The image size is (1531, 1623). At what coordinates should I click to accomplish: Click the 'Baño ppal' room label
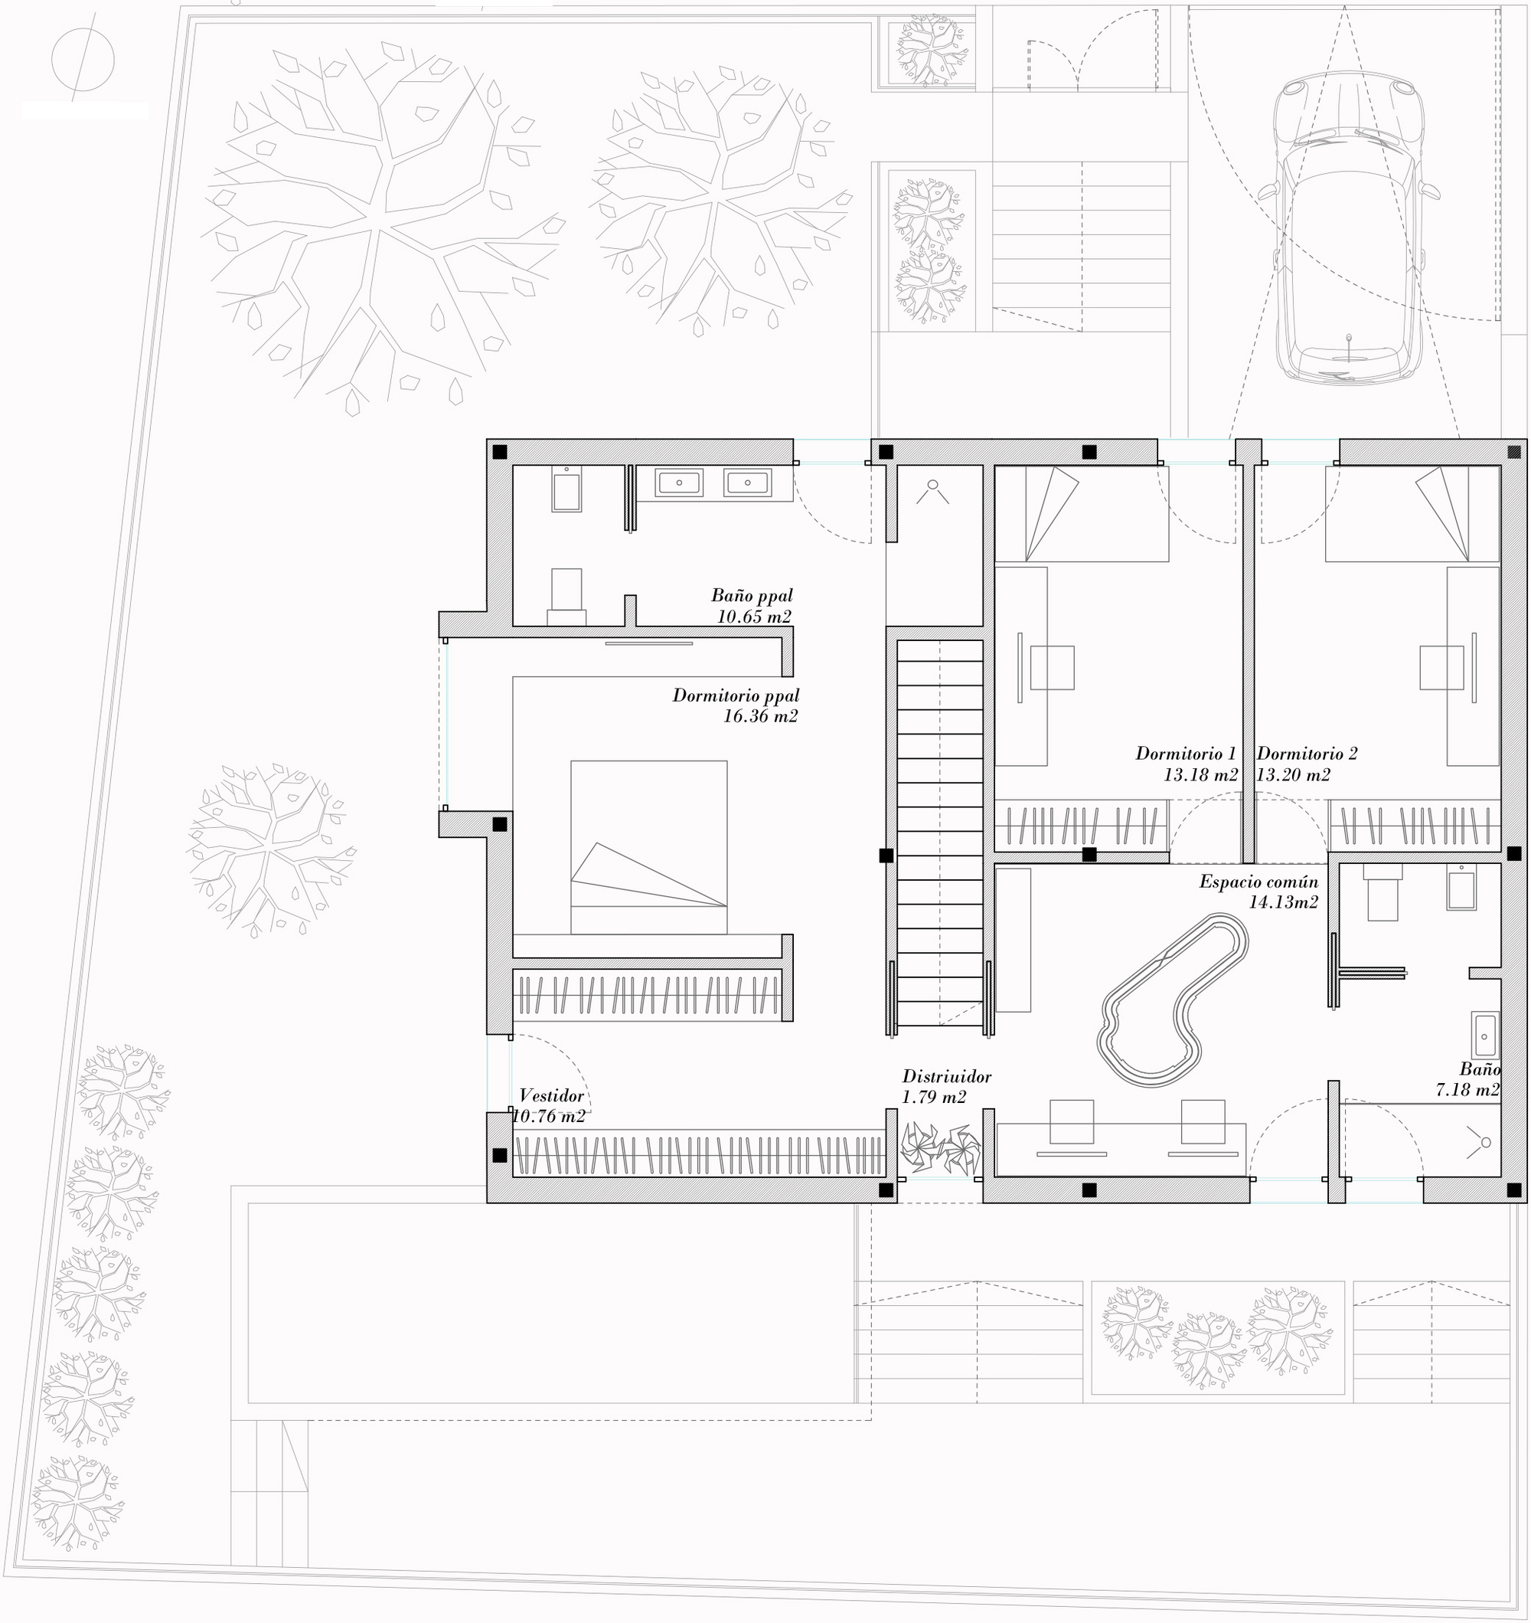[x=752, y=595]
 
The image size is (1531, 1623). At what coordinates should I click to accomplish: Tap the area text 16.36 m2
[x=761, y=716]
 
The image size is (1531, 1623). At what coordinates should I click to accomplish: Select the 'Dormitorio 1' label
[x=1186, y=753]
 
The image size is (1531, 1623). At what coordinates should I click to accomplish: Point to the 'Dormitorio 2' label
[x=1307, y=753]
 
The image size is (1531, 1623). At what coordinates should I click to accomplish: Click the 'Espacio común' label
[x=1258, y=881]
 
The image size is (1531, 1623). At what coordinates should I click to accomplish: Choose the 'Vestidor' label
[x=552, y=1095]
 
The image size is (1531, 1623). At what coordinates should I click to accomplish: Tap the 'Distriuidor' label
[x=947, y=1077]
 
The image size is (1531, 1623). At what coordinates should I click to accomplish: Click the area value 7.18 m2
[x=1468, y=1089]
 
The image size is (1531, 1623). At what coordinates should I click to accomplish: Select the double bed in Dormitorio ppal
[x=649, y=847]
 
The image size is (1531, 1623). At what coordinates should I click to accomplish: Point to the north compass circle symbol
[x=83, y=60]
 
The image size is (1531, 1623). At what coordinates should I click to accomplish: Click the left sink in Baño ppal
[x=678, y=483]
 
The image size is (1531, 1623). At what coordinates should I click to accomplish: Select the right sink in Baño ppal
[x=746, y=483]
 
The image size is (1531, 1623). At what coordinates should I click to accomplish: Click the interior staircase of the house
[x=939, y=832]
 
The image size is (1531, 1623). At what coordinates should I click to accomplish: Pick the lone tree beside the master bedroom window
[x=271, y=849]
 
